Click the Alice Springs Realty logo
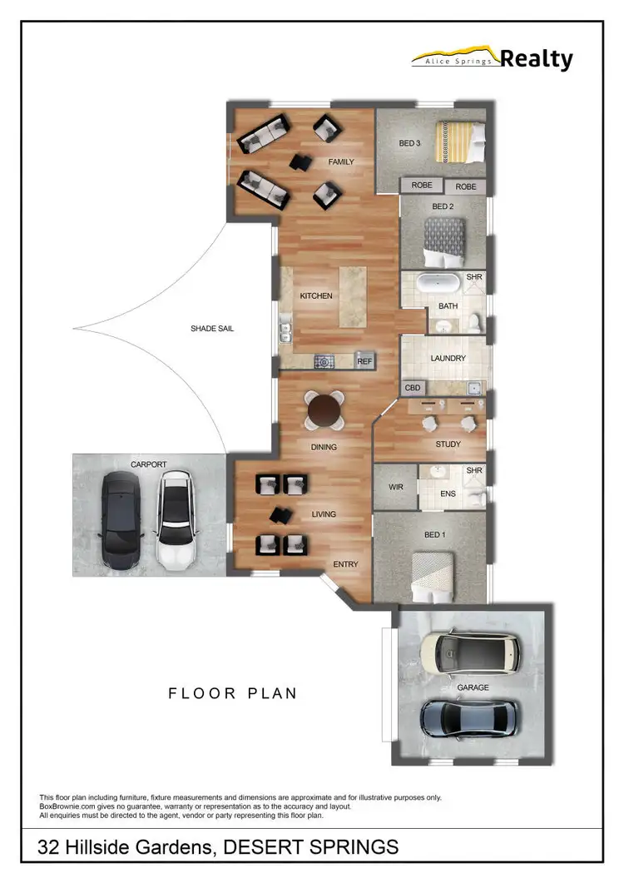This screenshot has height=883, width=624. [493, 58]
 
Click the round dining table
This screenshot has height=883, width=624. [324, 409]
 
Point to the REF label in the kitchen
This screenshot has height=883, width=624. [364, 361]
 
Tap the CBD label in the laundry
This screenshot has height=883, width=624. [412, 388]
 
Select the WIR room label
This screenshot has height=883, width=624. [396, 487]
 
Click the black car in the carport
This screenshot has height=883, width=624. [122, 520]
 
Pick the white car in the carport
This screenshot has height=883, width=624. [175, 520]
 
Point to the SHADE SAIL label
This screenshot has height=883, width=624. [212, 329]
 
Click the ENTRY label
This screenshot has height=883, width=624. [345, 564]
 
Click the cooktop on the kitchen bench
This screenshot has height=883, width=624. [323, 361]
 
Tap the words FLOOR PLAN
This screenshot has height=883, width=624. [232, 693]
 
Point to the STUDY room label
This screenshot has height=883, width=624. [448, 444]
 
